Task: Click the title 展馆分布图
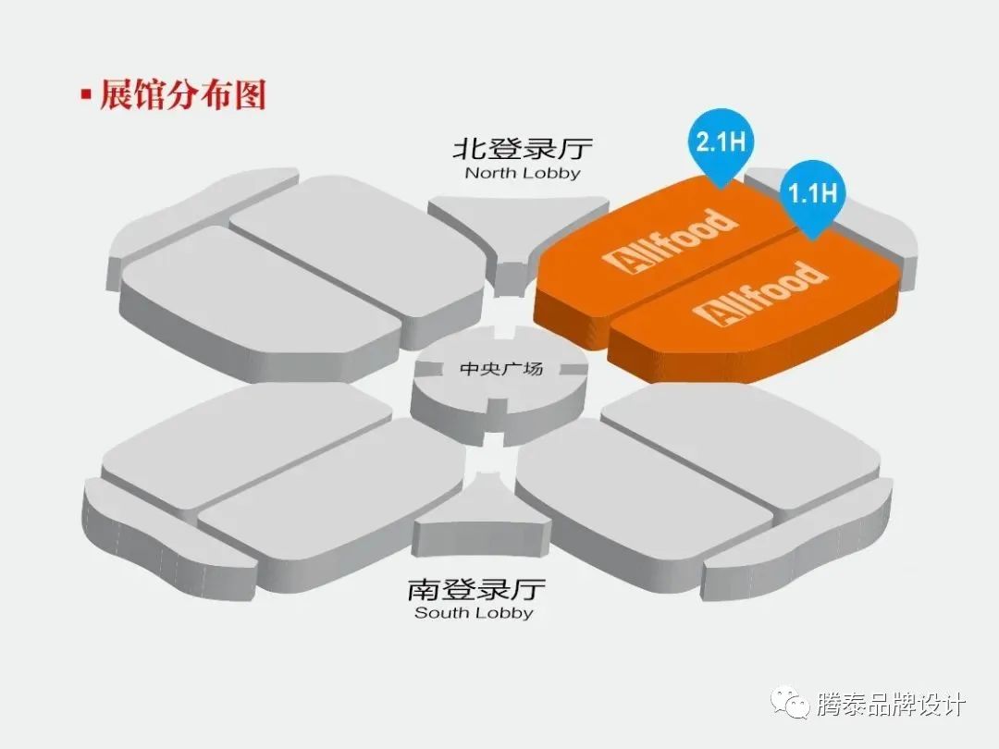pos(182,95)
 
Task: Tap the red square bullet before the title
pos(86,94)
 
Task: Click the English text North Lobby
pos(522,173)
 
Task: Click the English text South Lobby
pos(474,612)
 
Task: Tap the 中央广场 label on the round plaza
pos(500,369)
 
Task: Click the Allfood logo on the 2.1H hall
pos(670,239)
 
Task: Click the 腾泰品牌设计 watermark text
pos(891,705)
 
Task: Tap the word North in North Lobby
pos(487,173)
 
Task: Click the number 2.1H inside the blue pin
pos(721,142)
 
